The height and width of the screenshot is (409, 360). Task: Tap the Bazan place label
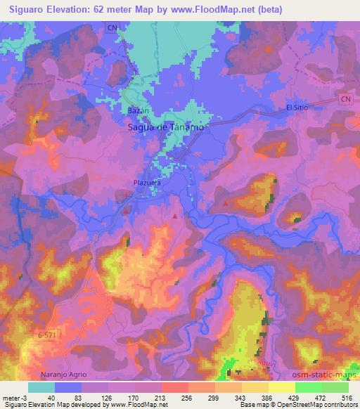(x=136, y=112)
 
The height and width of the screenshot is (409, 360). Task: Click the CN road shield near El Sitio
(x=345, y=100)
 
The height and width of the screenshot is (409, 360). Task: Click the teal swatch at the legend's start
(x=41, y=387)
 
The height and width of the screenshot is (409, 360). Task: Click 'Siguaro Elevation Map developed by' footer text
(x=46, y=405)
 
